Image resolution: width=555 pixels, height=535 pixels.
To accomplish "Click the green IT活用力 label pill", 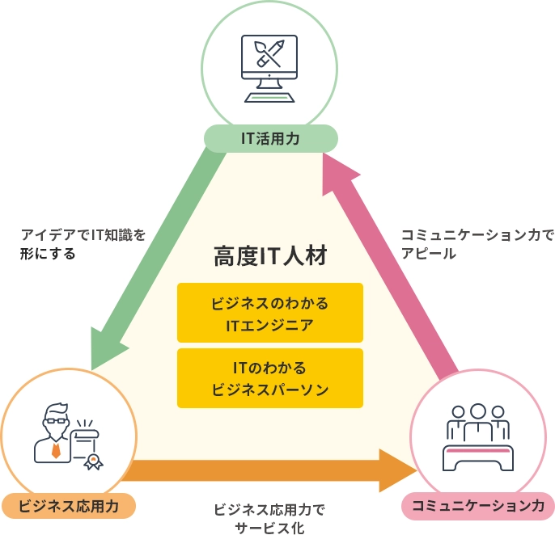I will point(270,138).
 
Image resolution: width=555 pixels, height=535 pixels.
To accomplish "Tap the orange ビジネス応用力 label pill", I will point(68,506).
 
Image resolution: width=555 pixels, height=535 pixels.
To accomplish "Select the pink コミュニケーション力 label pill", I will point(477,506).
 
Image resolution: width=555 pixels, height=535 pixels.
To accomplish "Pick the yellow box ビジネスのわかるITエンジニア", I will point(269,313).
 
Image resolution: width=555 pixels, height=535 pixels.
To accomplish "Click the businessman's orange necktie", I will point(55,449).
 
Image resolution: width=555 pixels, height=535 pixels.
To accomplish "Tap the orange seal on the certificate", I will point(94,462).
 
